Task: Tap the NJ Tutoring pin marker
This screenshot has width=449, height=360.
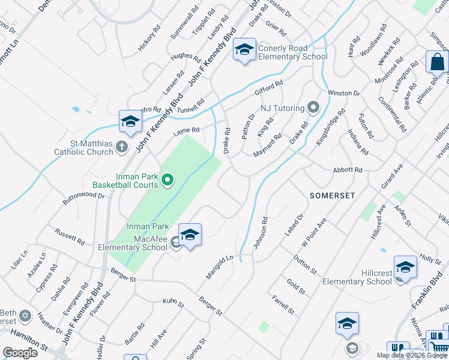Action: point(313,108)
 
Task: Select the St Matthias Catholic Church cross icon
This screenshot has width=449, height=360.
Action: point(122,146)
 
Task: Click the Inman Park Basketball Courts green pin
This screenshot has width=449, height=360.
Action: point(169,179)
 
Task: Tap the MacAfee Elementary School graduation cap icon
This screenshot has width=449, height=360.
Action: point(190,236)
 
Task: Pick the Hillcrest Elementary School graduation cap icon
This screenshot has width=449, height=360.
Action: point(405,268)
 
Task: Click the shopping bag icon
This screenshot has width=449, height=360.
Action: point(438,62)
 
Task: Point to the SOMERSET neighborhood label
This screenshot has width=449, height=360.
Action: point(333,196)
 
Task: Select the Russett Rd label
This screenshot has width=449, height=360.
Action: point(70,236)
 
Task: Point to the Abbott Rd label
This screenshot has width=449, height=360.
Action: point(348,170)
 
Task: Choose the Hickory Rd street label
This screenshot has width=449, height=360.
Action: point(149,38)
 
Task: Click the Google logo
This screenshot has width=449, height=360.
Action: point(20,353)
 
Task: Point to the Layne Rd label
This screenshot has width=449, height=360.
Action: point(185,130)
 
